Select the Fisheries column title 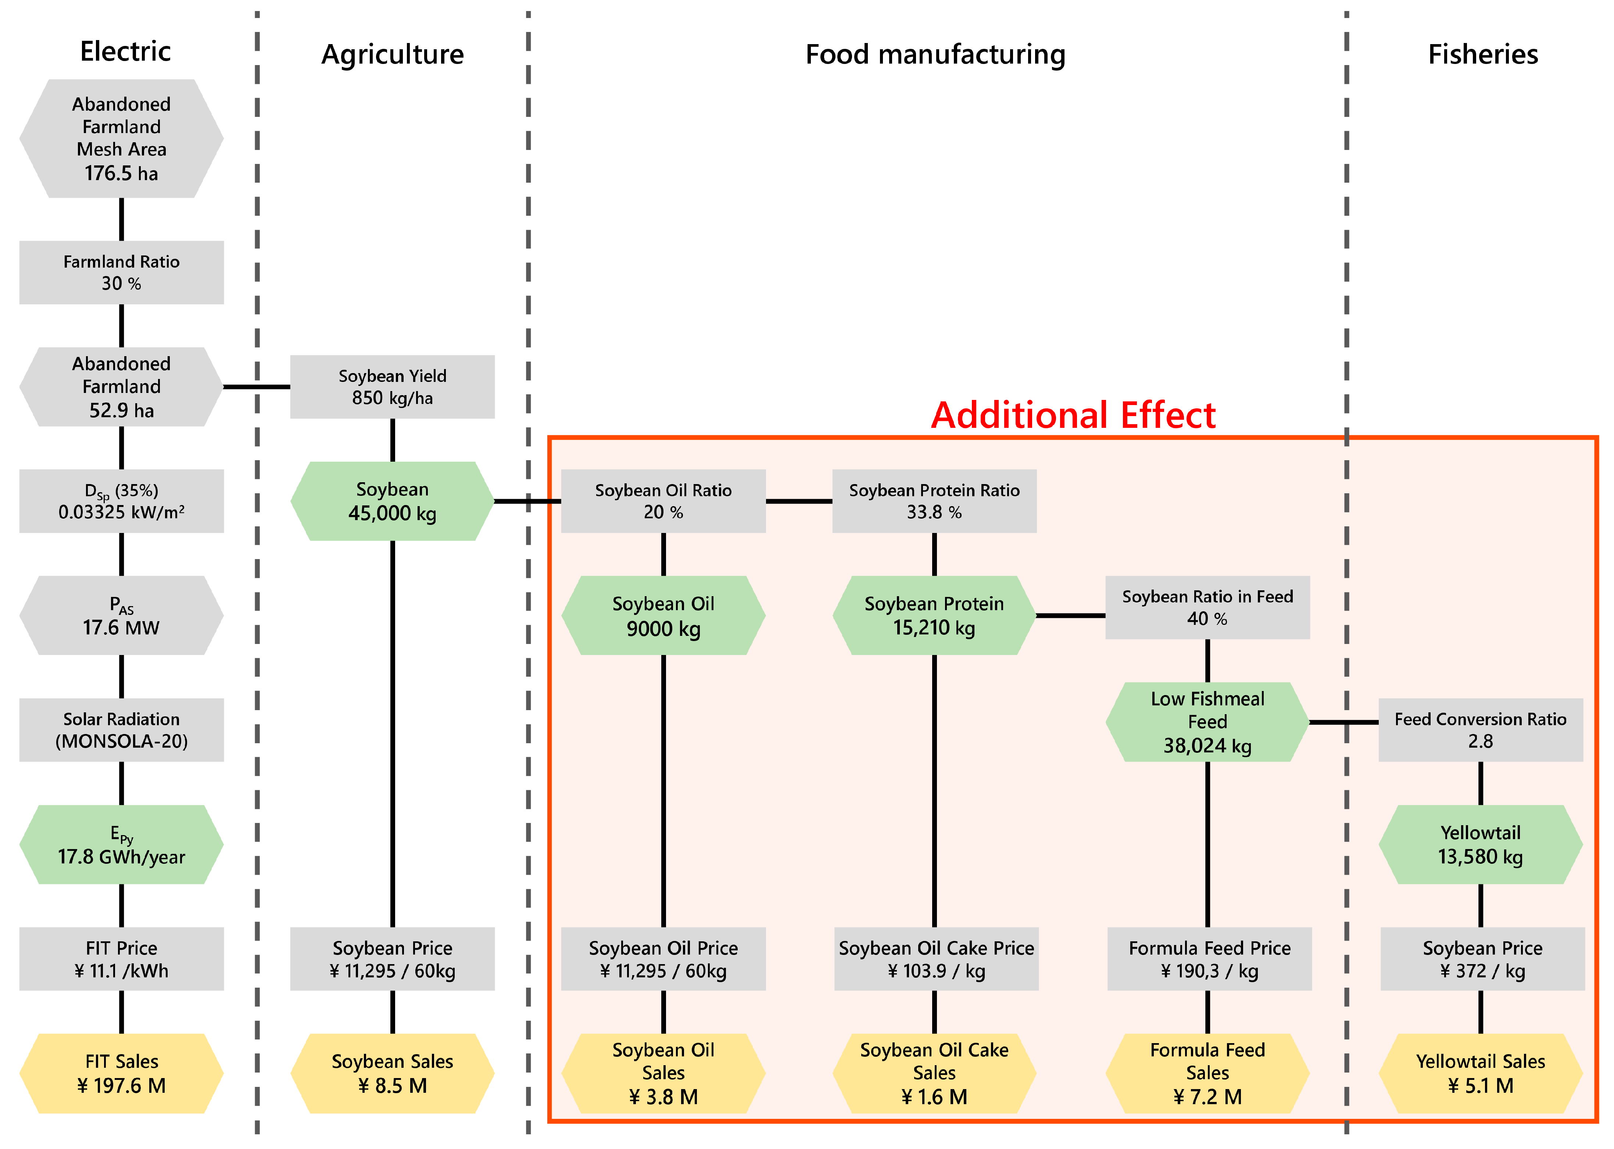[1482, 54]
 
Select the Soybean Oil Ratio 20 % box [663, 501]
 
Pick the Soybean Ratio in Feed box [1207, 607]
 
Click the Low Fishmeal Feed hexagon [1207, 722]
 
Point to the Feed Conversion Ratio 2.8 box [1480, 730]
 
